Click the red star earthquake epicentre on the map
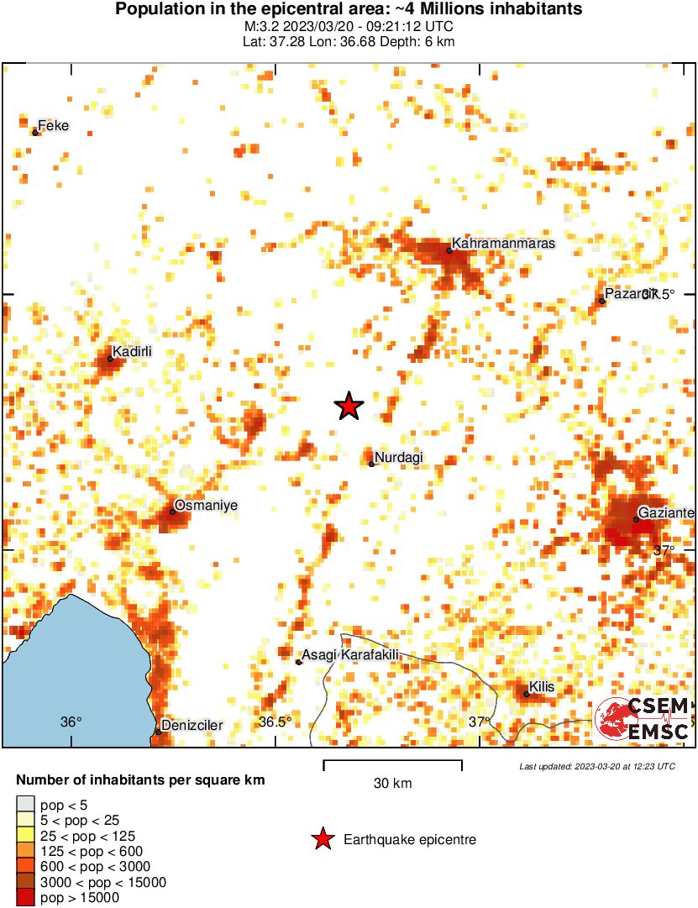pyautogui.click(x=349, y=407)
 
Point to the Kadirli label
pyautogui.click(x=133, y=352)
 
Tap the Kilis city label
pyautogui.click(x=542, y=687)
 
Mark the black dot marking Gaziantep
pyautogui.click(x=636, y=519)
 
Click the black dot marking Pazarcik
pyautogui.click(x=602, y=301)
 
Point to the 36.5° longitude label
pyautogui.click(x=275, y=722)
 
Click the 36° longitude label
pyautogui.click(x=71, y=722)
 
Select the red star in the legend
pyautogui.click(x=322, y=839)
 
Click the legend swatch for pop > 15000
pyautogui.click(x=26, y=898)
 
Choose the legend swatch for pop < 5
pyautogui.click(x=26, y=805)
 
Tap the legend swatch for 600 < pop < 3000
pyautogui.click(x=26, y=867)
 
